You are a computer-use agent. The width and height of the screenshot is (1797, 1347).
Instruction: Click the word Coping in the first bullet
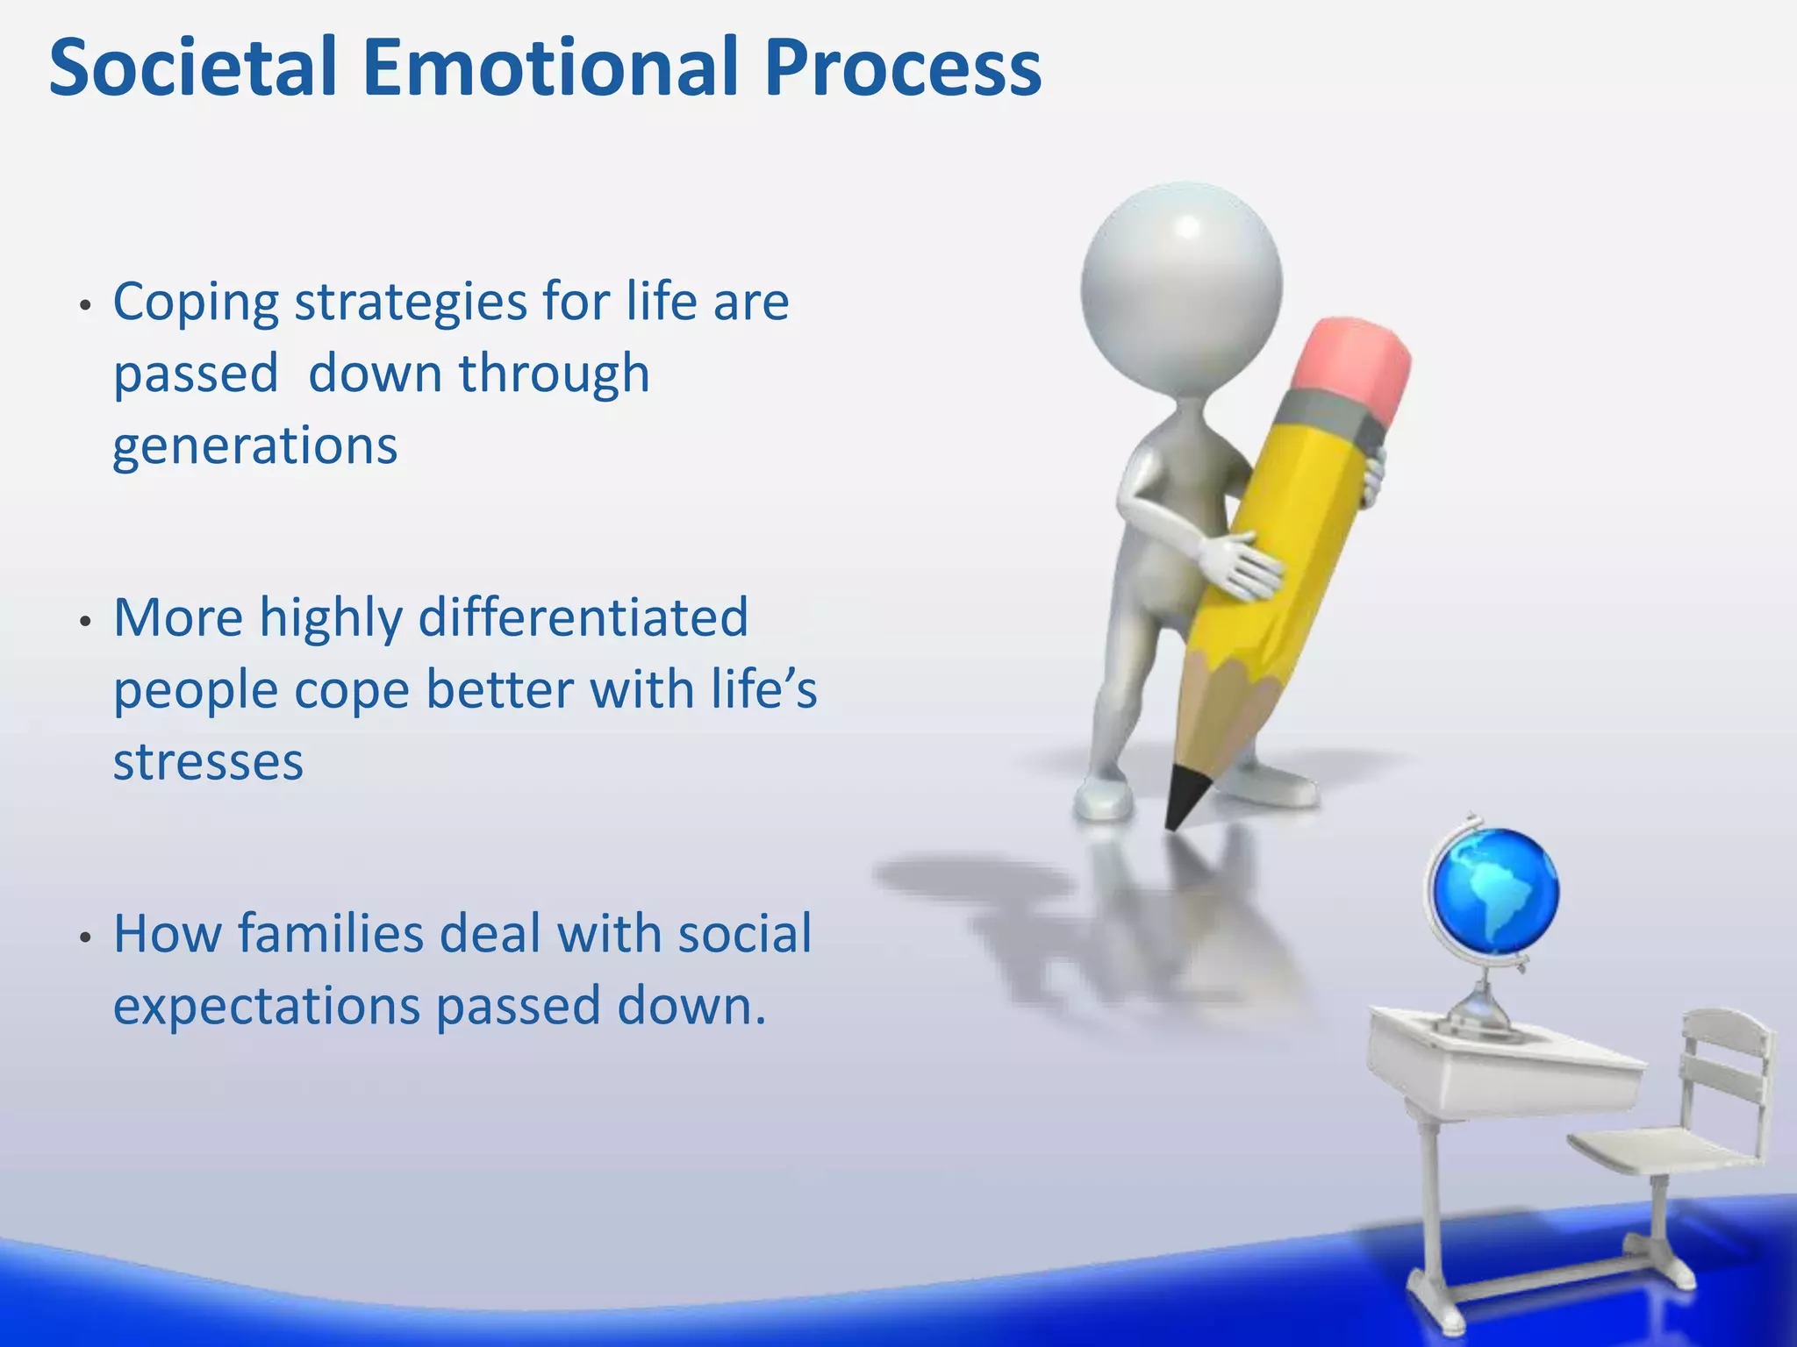point(195,303)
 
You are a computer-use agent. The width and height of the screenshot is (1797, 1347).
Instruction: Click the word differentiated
point(583,617)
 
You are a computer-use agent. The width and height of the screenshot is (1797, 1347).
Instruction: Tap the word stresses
point(208,761)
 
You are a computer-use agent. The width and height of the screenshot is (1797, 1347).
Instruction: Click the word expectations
point(267,1006)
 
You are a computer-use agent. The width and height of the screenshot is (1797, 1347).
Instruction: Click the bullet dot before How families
point(85,937)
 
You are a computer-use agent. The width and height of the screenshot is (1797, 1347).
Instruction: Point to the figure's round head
point(1181,286)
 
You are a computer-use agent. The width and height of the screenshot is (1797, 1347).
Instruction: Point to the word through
point(554,374)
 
